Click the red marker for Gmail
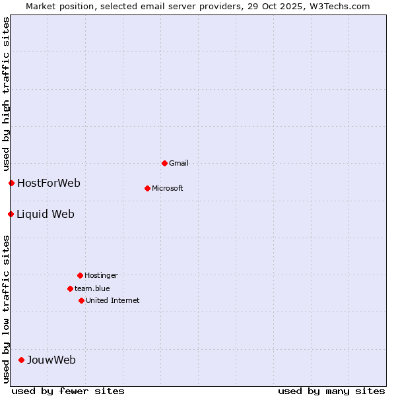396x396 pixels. (x=164, y=163)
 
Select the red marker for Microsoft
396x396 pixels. (x=147, y=188)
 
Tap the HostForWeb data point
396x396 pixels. (x=11, y=183)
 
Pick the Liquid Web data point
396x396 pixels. (x=11, y=214)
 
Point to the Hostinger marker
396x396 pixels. (x=80, y=275)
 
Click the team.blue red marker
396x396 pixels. (x=70, y=288)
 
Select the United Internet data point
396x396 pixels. (x=81, y=300)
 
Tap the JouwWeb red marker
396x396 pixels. (x=21, y=360)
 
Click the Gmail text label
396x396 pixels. (x=179, y=163)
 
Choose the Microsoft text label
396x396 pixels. (x=168, y=188)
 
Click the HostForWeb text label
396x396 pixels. (x=49, y=183)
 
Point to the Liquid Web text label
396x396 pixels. (x=46, y=214)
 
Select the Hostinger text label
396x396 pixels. (x=101, y=275)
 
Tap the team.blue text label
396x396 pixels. (x=92, y=288)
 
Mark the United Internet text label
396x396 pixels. (x=113, y=300)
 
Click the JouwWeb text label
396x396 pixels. (x=51, y=360)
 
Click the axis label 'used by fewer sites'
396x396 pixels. (x=68, y=391)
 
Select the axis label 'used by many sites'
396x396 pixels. (x=331, y=391)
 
